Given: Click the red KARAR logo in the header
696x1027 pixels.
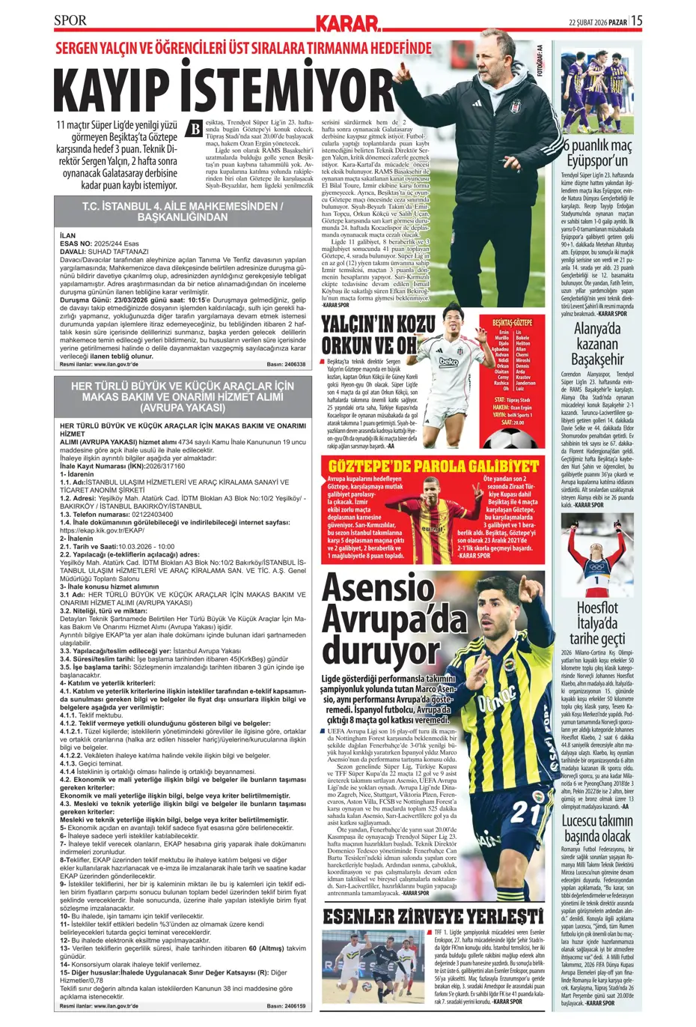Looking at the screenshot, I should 347,23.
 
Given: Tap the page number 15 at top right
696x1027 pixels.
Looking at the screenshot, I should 636,21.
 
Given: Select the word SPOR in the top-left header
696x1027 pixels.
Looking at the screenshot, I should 70,20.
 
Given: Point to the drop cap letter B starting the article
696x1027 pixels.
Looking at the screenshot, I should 194,128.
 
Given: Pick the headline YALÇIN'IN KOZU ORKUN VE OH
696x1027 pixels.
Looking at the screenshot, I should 377,335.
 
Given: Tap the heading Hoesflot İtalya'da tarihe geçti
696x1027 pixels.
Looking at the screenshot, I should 597,622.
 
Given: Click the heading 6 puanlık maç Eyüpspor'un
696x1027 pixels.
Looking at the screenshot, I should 597,153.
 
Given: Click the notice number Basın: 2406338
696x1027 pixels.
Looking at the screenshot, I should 286,365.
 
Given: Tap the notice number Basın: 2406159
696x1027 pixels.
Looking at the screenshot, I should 286,1006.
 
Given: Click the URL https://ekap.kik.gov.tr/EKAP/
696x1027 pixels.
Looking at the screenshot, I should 102,530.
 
